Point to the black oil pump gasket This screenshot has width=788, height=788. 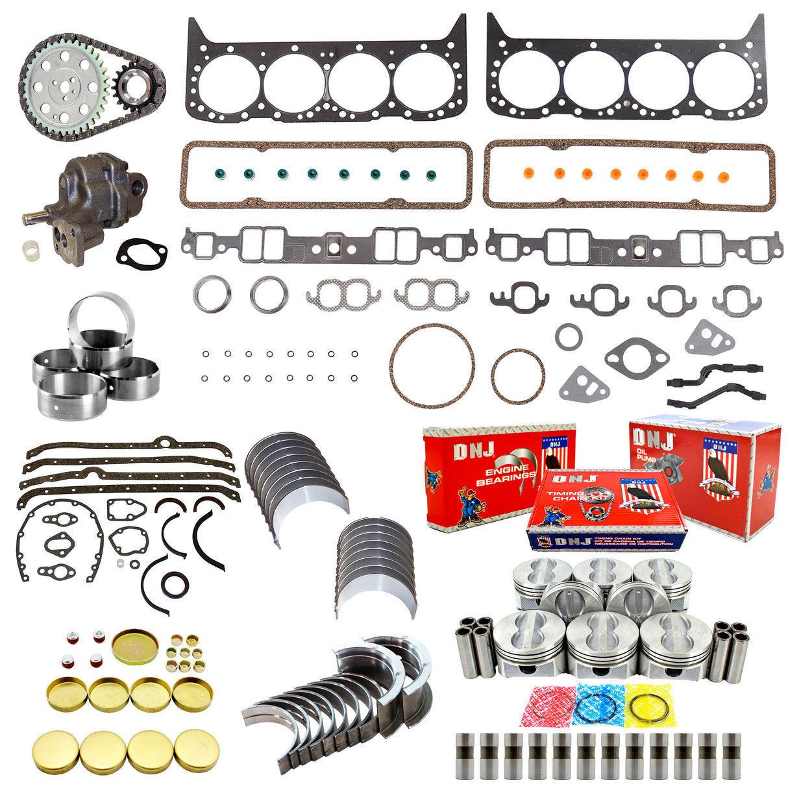(141, 252)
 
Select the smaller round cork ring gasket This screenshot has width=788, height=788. (517, 376)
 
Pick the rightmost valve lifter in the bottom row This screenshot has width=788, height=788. (731, 756)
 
